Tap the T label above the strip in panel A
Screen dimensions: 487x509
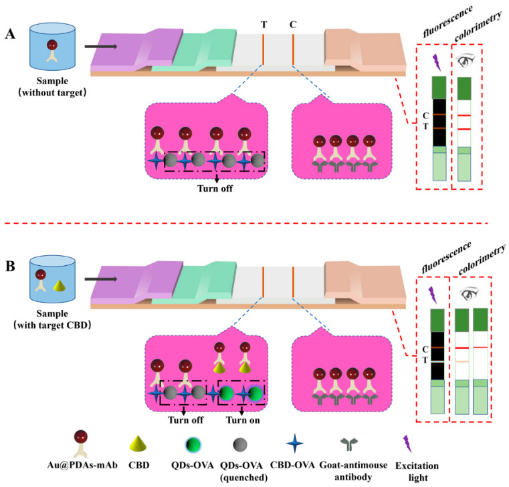coord(264,24)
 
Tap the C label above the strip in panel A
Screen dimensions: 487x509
coord(293,24)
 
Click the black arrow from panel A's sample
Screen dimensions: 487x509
coord(100,47)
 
